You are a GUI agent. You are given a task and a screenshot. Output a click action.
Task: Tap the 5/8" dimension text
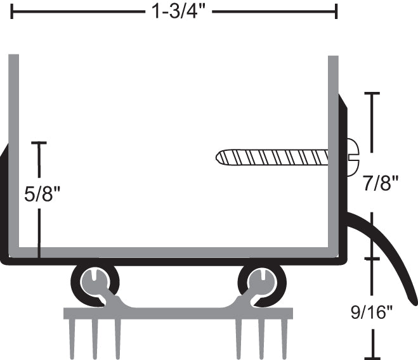pos(42,193)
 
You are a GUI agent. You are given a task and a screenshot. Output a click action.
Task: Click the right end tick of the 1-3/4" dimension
pos(336,11)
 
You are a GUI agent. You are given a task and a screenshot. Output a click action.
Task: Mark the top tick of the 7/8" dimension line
pos(372,94)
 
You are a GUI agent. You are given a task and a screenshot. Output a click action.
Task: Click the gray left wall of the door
pos(13,152)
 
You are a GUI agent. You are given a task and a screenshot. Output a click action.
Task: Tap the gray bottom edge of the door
pos(171,252)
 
